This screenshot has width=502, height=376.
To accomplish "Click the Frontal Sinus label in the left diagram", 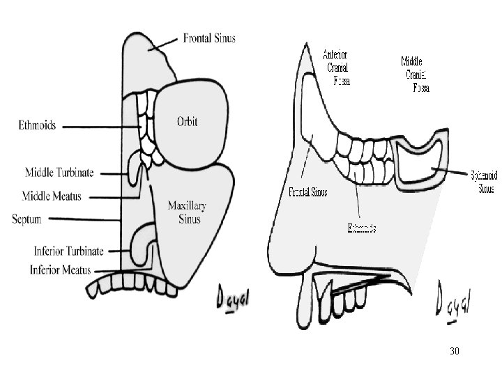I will click(209, 38).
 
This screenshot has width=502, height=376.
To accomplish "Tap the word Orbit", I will click(186, 121).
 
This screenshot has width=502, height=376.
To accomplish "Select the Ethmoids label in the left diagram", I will click(37, 126).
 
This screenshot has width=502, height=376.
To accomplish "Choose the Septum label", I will click(26, 219).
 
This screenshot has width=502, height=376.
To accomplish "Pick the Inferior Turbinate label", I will click(69, 250).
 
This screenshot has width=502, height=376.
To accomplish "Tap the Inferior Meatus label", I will click(66, 269).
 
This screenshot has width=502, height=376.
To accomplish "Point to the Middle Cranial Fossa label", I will click(417, 73).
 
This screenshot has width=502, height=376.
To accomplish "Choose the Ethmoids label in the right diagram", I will click(362, 228).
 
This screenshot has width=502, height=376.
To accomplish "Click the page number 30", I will click(455, 352).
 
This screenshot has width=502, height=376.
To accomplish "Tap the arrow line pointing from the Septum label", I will click(84, 219).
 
